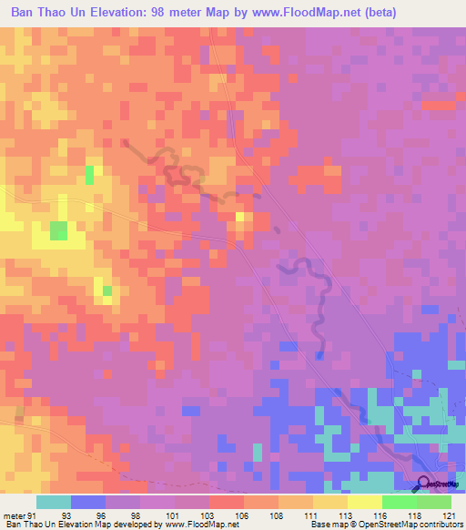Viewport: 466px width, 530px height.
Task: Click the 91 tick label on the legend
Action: pos(34,515)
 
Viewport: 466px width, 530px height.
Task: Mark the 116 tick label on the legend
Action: pos(382,515)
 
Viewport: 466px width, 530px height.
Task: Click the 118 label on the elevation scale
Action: pos(417,515)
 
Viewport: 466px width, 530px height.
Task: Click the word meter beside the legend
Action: pos(13,515)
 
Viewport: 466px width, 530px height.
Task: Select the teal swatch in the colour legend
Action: pos(53,502)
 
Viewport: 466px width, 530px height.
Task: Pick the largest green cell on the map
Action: pos(58,230)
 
